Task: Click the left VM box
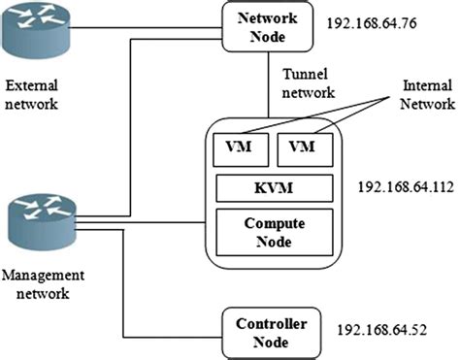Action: coord(239,148)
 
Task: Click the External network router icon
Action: coord(38,36)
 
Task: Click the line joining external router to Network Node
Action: coord(146,26)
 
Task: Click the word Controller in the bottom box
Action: coord(264,322)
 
